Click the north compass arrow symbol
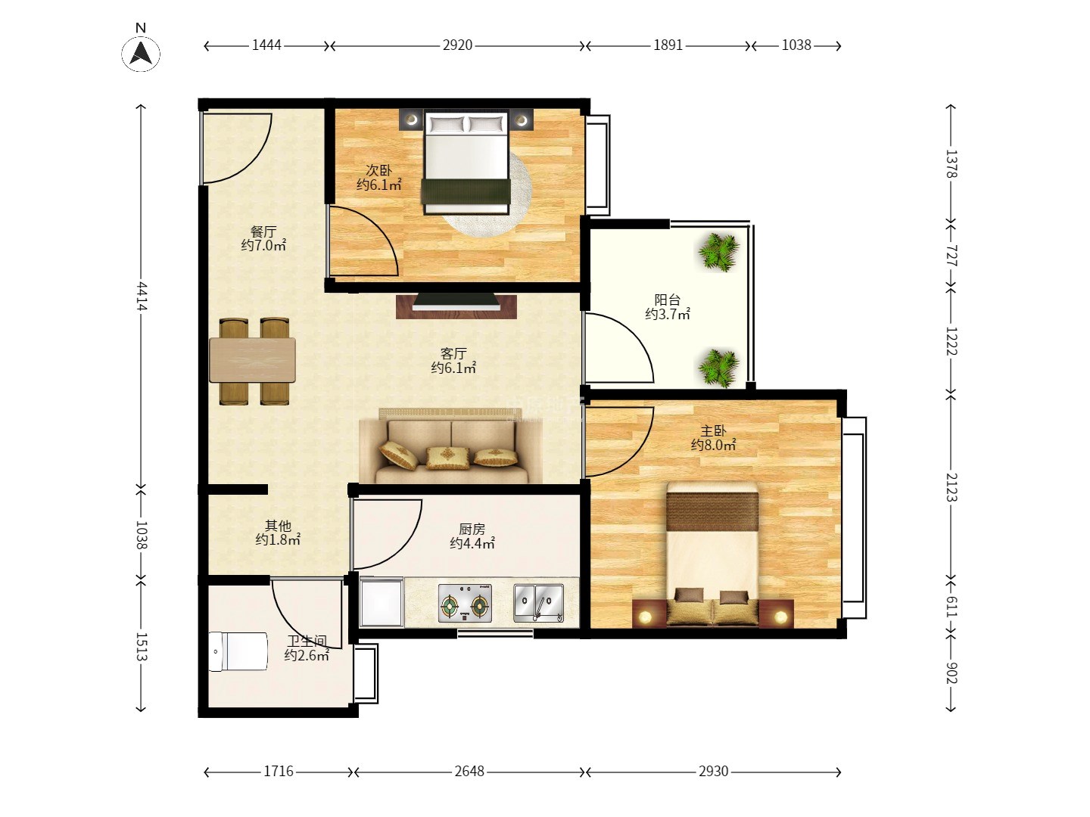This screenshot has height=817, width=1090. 141,53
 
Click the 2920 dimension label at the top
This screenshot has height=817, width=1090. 457,45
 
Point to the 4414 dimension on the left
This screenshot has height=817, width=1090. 142,296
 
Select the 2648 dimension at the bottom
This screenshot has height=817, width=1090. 469,772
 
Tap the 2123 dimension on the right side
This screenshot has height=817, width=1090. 951,487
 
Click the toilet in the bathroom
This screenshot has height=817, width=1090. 238,651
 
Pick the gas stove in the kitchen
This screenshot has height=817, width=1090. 465,603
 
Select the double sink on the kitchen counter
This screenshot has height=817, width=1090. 539,603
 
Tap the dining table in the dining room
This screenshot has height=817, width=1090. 252,360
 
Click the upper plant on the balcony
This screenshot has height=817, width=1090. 718,252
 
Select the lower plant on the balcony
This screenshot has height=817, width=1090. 718,368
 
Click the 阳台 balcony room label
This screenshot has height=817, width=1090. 667,300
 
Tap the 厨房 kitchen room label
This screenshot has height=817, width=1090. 472,530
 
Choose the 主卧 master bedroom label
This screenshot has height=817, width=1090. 713,430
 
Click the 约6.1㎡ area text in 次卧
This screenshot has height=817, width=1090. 379,185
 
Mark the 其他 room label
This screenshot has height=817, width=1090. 278,525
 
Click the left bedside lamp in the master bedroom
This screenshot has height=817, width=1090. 645,617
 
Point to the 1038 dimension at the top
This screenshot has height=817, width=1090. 796,45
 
